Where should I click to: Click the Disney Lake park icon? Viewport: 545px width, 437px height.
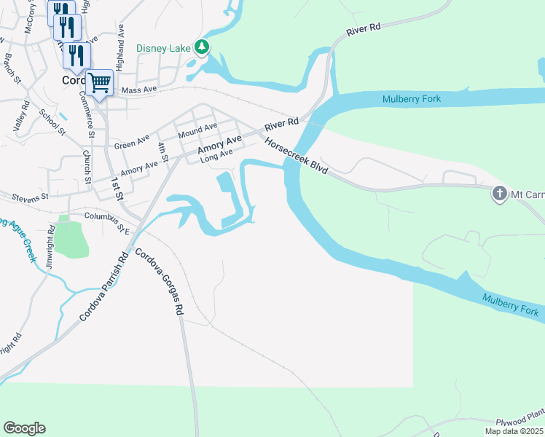[x=203, y=49]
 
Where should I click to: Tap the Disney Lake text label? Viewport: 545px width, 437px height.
[x=164, y=50]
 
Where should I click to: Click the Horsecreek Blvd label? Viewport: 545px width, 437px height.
[x=296, y=155]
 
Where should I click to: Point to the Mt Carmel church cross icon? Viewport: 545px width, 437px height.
[x=500, y=194]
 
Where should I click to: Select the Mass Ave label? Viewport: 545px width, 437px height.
[x=139, y=90]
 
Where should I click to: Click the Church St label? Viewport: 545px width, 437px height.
[x=87, y=167]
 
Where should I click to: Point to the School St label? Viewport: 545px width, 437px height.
[x=52, y=122]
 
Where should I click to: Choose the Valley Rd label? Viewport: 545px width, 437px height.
[x=20, y=116]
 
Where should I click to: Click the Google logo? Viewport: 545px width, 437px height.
[x=24, y=428]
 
